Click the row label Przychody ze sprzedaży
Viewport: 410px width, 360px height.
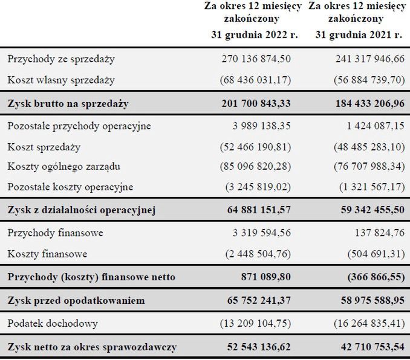pos(61,59)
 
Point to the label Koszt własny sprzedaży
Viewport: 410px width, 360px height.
pos(61,80)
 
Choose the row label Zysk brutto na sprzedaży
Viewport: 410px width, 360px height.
pos(68,103)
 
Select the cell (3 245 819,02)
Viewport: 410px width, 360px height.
pos(256,187)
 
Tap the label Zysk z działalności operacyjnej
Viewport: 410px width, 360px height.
pos(82,210)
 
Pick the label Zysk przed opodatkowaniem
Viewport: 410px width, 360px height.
pos(76,300)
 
